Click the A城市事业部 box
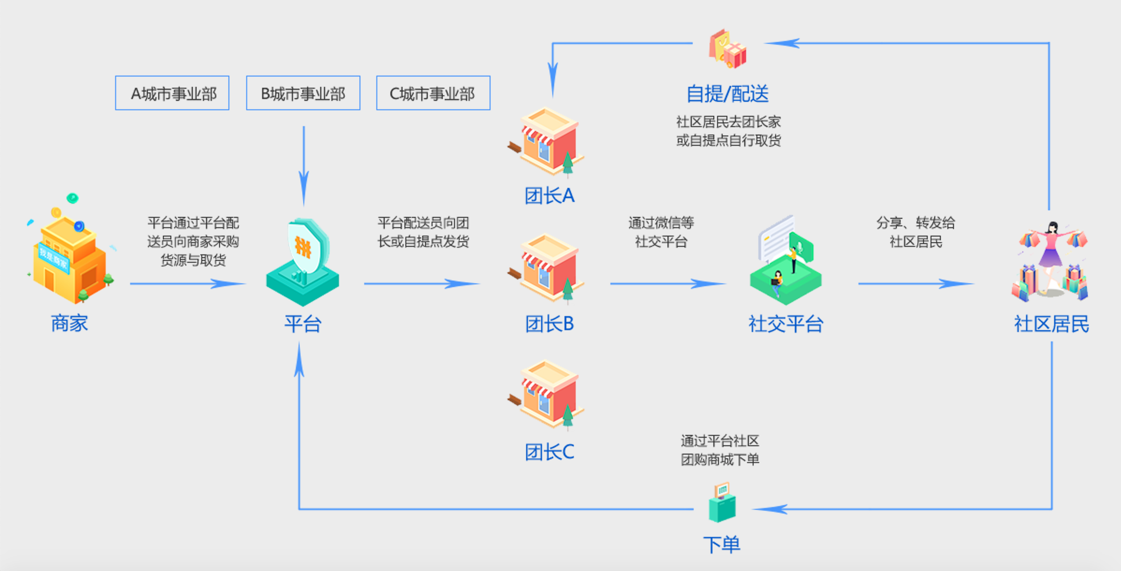click(x=172, y=93)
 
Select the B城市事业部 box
click(x=303, y=93)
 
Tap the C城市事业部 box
click(x=433, y=93)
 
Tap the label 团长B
click(x=549, y=324)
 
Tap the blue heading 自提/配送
click(x=728, y=94)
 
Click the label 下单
click(x=722, y=544)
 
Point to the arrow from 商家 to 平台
click(x=187, y=284)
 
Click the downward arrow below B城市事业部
click(x=304, y=165)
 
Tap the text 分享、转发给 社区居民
click(x=916, y=232)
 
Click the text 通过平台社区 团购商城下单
click(x=720, y=450)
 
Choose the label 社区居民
click(x=1051, y=324)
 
